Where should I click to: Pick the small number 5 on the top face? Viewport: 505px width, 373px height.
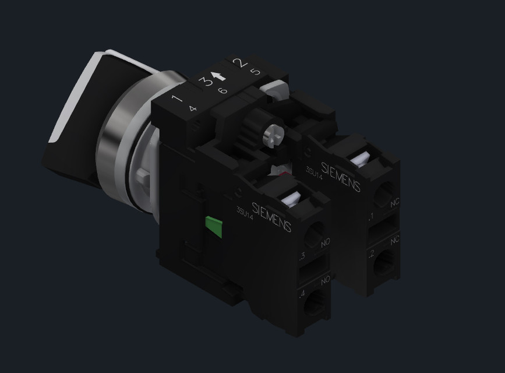pyautogui.click(x=255, y=72)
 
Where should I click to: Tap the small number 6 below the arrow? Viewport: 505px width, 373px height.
pyautogui.click(x=222, y=90)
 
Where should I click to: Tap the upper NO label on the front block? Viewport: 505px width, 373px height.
pyautogui.click(x=325, y=241)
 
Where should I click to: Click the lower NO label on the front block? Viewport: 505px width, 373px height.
pyautogui.click(x=325, y=280)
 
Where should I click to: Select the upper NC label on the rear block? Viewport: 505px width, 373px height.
pyautogui.click(x=394, y=203)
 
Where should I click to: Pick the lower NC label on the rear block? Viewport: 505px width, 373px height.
pyautogui.click(x=395, y=240)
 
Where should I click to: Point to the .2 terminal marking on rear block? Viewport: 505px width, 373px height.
pyautogui.click(x=371, y=254)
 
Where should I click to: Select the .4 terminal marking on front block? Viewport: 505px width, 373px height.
pyautogui.click(x=301, y=294)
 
